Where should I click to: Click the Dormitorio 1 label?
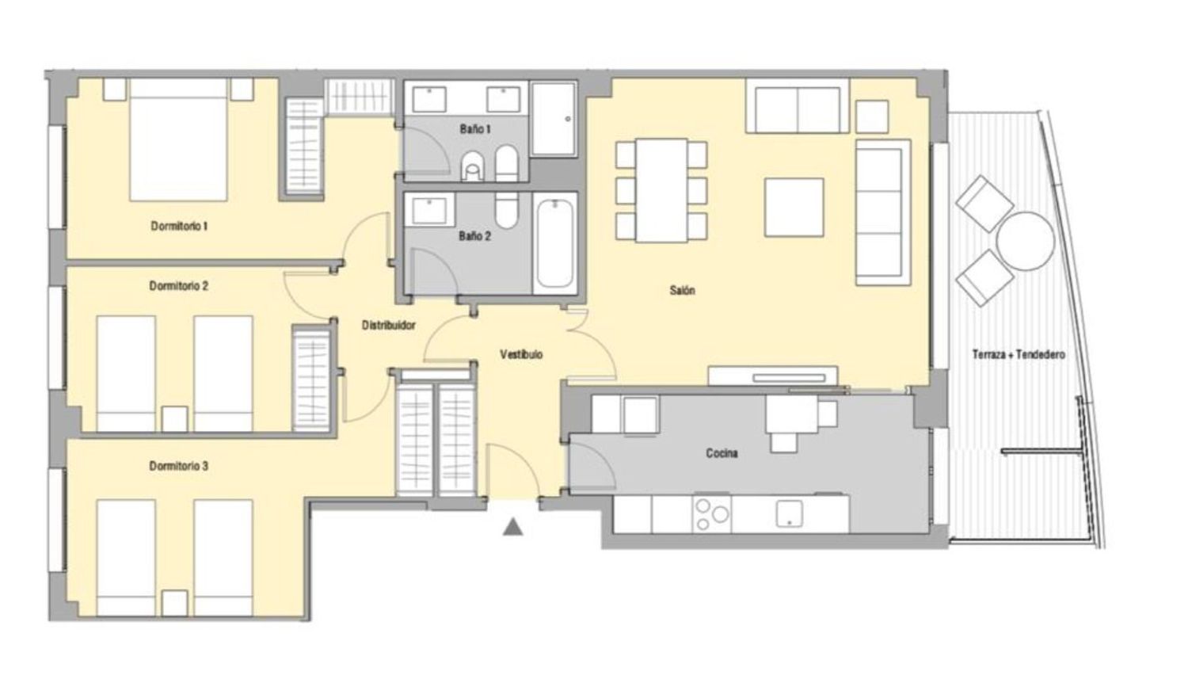pyautogui.click(x=179, y=226)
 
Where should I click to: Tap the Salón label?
pyautogui.click(x=682, y=290)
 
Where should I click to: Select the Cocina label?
pyautogui.click(x=722, y=453)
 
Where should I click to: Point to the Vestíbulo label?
pyautogui.click(x=521, y=354)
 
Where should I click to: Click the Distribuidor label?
pyautogui.click(x=388, y=326)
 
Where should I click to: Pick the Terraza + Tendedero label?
pyautogui.click(x=1019, y=354)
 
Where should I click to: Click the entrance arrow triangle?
pyautogui.click(x=513, y=527)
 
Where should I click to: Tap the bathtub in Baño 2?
pyautogui.click(x=554, y=242)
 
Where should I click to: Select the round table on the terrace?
pyautogui.click(x=1025, y=241)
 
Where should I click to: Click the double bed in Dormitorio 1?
pyautogui.click(x=178, y=140)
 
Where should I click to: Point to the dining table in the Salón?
pyautogui.click(x=661, y=190)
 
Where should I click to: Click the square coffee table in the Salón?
pyautogui.click(x=794, y=208)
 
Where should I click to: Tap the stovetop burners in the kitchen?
pyautogui.click(x=711, y=513)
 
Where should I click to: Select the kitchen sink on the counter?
pyautogui.click(x=789, y=513)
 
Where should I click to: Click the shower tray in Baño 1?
pyautogui.click(x=554, y=119)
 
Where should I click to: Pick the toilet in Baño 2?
pyautogui.click(x=507, y=210)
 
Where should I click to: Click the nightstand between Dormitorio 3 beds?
pyautogui.click(x=174, y=604)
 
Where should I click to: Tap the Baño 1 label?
pyautogui.click(x=475, y=129)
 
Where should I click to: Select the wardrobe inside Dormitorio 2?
pyautogui.click(x=312, y=380)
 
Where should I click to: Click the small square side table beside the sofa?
pyautogui.click(x=872, y=116)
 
